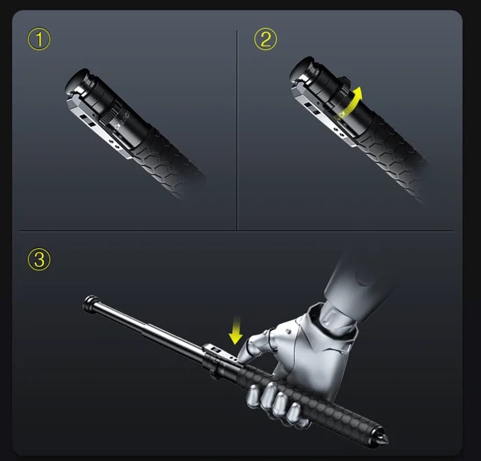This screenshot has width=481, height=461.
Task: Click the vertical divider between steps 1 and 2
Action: point(236,130)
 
